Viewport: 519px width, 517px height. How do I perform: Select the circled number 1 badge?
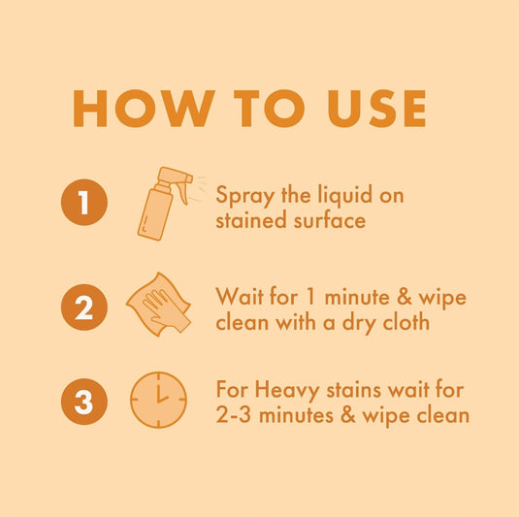click(84, 203)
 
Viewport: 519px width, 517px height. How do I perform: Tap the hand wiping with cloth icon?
click(157, 305)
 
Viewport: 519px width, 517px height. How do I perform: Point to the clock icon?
click(159, 400)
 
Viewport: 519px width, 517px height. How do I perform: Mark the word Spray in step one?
click(242, 196)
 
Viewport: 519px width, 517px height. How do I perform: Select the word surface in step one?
click(330, 220)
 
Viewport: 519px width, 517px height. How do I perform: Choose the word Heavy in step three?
click(288, 391)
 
